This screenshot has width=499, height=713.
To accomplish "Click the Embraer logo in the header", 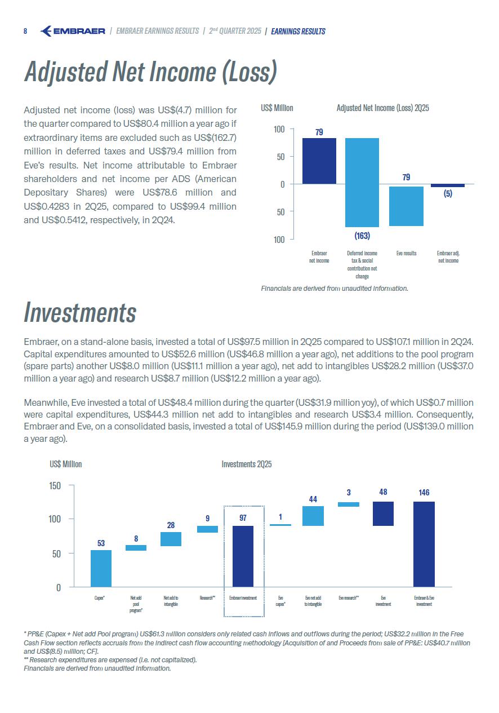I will (x=73, y=31).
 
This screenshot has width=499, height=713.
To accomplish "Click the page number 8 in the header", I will (x=25, y=32).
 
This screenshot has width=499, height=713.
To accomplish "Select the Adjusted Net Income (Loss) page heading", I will (x=150, y=72).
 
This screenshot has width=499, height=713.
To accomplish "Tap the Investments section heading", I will (x=80, y=312).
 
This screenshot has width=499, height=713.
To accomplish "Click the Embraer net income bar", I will (x=319, y=161).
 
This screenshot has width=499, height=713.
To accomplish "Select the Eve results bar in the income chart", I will (x=406, y=206).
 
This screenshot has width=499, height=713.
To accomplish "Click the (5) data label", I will (x=448, y=193).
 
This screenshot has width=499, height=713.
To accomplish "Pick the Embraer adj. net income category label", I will (x=448, y=257).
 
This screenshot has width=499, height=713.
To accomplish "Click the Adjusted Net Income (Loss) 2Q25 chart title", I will (x=382, y=108).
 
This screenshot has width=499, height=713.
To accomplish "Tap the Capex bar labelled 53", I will (x=101, y=568).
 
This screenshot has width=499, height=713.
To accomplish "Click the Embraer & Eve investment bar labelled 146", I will (x=424, y=544).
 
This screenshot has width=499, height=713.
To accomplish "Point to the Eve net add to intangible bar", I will (x=313, y=516).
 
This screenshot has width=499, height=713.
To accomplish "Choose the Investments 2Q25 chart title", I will (x=247, y=464).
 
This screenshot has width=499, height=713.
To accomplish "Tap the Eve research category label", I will (x=349, y=597).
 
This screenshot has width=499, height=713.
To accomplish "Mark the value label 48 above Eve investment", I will (x=383, y=492).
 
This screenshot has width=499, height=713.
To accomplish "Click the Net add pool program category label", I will (x=136, y=604).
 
